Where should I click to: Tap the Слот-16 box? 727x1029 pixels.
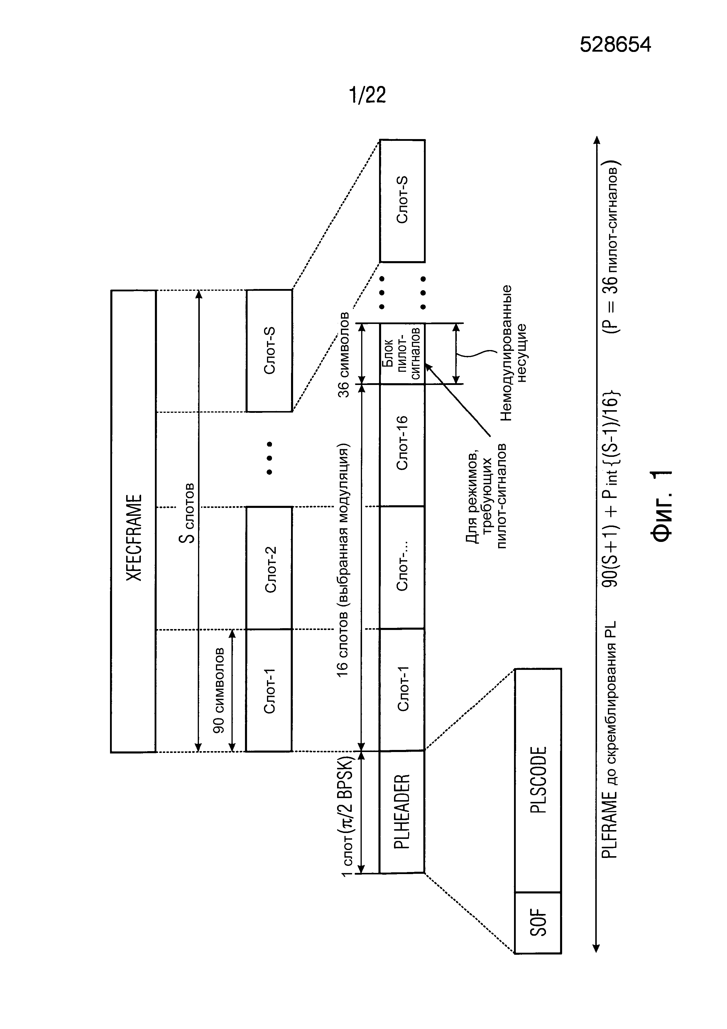click(402, 445)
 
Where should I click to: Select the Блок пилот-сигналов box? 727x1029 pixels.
click(402, 354)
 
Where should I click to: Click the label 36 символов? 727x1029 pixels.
click(344, 354)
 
